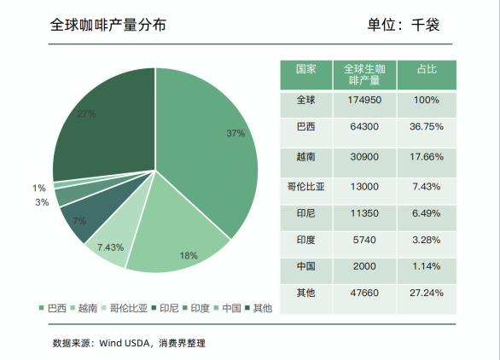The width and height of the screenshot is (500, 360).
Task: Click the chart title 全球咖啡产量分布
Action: click(108, 25)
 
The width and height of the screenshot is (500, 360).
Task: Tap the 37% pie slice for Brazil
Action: click(213, 145)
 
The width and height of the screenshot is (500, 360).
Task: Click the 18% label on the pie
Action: click(189, 255)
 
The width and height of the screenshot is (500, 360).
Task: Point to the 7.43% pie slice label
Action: click(111, 247)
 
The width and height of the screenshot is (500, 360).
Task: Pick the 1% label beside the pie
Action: click(39, 189)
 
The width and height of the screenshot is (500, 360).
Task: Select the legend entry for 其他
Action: click(262, 308)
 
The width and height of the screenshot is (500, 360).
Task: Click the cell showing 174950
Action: click(363, 100)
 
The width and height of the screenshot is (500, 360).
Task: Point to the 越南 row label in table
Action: click(305, 157)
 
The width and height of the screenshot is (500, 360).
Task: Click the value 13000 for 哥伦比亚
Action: click(363, 186)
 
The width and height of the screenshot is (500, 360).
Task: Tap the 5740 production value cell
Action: click(363, 240)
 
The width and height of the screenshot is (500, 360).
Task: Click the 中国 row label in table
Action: click(305, 266)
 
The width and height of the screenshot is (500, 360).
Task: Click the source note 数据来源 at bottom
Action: click(129, 343)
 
